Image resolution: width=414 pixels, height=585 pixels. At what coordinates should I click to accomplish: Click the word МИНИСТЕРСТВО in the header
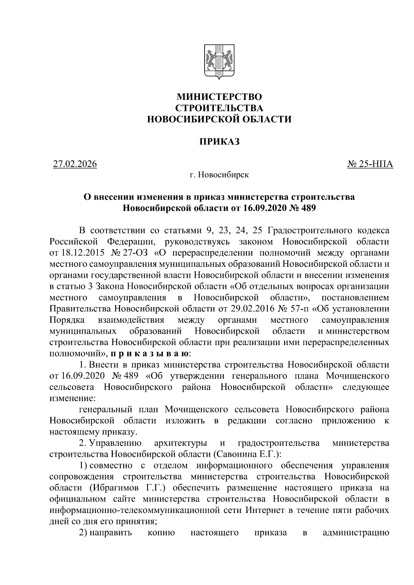tap(219, 97)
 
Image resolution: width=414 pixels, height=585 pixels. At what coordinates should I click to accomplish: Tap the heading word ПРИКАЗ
tap(219, 142)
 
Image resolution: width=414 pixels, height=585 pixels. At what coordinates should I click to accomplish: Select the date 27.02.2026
tap(75, 164)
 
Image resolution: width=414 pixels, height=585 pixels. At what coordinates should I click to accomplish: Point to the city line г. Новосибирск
tap(219, 175)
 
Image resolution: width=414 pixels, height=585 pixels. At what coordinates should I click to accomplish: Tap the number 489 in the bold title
tap(308, 208)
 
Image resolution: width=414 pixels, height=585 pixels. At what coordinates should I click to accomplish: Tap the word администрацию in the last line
tap(356, 533)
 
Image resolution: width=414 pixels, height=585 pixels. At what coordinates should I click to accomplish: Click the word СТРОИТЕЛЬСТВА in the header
tap(219, 108)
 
